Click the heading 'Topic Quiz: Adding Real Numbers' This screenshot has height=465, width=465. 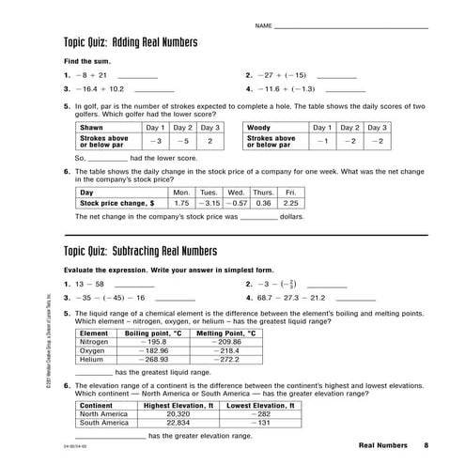tap(130, 43)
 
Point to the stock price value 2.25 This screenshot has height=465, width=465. tap(290, 202)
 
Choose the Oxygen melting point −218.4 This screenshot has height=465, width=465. tap(229, 350)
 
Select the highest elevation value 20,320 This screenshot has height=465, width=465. tap(177, 413)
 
